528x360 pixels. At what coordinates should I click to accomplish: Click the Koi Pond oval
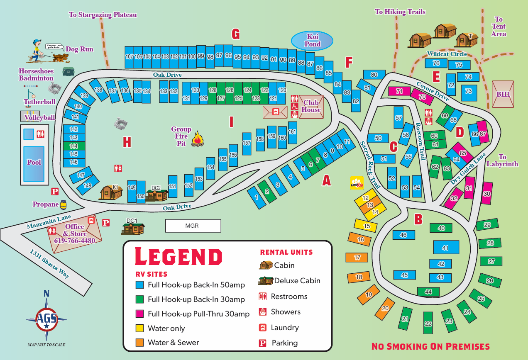coord(312,40)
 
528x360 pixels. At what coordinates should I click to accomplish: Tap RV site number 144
coord(74,146)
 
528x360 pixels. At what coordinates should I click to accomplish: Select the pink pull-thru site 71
coord(399,91)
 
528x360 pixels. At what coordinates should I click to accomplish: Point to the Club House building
coord(311,107)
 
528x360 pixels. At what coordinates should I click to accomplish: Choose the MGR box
coord(193,226)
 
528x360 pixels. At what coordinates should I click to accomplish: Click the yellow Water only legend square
coord(139,328)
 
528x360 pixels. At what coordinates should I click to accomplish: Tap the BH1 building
coord(503,94)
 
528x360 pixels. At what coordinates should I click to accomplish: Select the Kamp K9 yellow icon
coord(357,183)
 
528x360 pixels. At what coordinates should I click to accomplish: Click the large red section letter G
coord(236,34)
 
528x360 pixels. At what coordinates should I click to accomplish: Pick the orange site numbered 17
coord(357,258)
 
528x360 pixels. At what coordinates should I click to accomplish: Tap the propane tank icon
coord(63,204)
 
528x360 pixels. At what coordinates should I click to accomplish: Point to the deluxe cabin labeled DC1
coord(133,228)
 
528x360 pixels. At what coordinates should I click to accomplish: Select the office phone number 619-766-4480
coord(75,241)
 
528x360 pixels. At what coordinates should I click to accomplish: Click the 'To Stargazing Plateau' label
coord(103,15)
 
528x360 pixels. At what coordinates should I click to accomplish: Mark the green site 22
coord(428,324)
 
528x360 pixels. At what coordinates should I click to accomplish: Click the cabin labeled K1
coord(110,192)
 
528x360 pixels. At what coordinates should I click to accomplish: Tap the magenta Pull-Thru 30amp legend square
coord(139,314)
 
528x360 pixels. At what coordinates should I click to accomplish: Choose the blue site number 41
coord(446,248)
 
